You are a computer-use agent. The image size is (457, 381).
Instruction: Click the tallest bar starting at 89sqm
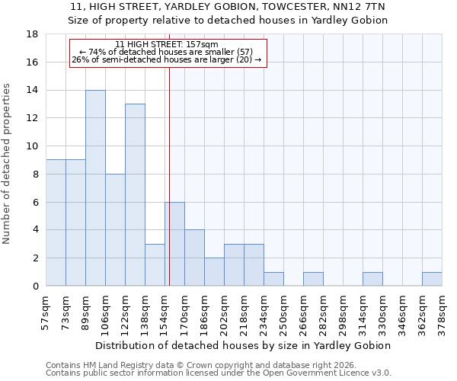point(95,188)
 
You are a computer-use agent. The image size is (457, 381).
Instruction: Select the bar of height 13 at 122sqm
point(135,195)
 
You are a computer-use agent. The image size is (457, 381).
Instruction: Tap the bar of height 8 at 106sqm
point(115,230)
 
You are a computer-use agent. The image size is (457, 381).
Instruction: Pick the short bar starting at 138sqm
point(155,265)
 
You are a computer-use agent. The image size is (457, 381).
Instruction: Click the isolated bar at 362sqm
point(432,279)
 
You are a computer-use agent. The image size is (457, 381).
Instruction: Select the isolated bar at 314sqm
point(372,279)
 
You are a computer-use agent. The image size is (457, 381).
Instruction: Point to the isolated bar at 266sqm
point(313,279)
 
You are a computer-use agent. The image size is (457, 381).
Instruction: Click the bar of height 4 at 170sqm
point(194,258)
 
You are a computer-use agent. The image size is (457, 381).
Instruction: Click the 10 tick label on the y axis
point(33,146)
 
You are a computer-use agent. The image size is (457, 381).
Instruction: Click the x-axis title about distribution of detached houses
point(244,345)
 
